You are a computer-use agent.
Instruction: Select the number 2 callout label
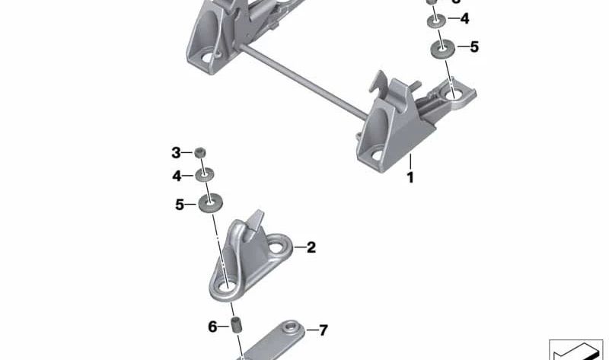click(311, 247)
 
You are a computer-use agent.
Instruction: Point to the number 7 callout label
click(323, 330)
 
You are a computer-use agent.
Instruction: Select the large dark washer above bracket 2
click(207, 204)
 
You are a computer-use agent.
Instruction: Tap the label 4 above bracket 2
click(177, 176)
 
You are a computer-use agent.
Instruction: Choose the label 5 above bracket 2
click(180, 204)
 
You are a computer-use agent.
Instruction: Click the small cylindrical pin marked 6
click(236, 327)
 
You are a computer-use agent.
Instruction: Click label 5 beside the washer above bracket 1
click(474, 47)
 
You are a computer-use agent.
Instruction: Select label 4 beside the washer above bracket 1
click(464, 18)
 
